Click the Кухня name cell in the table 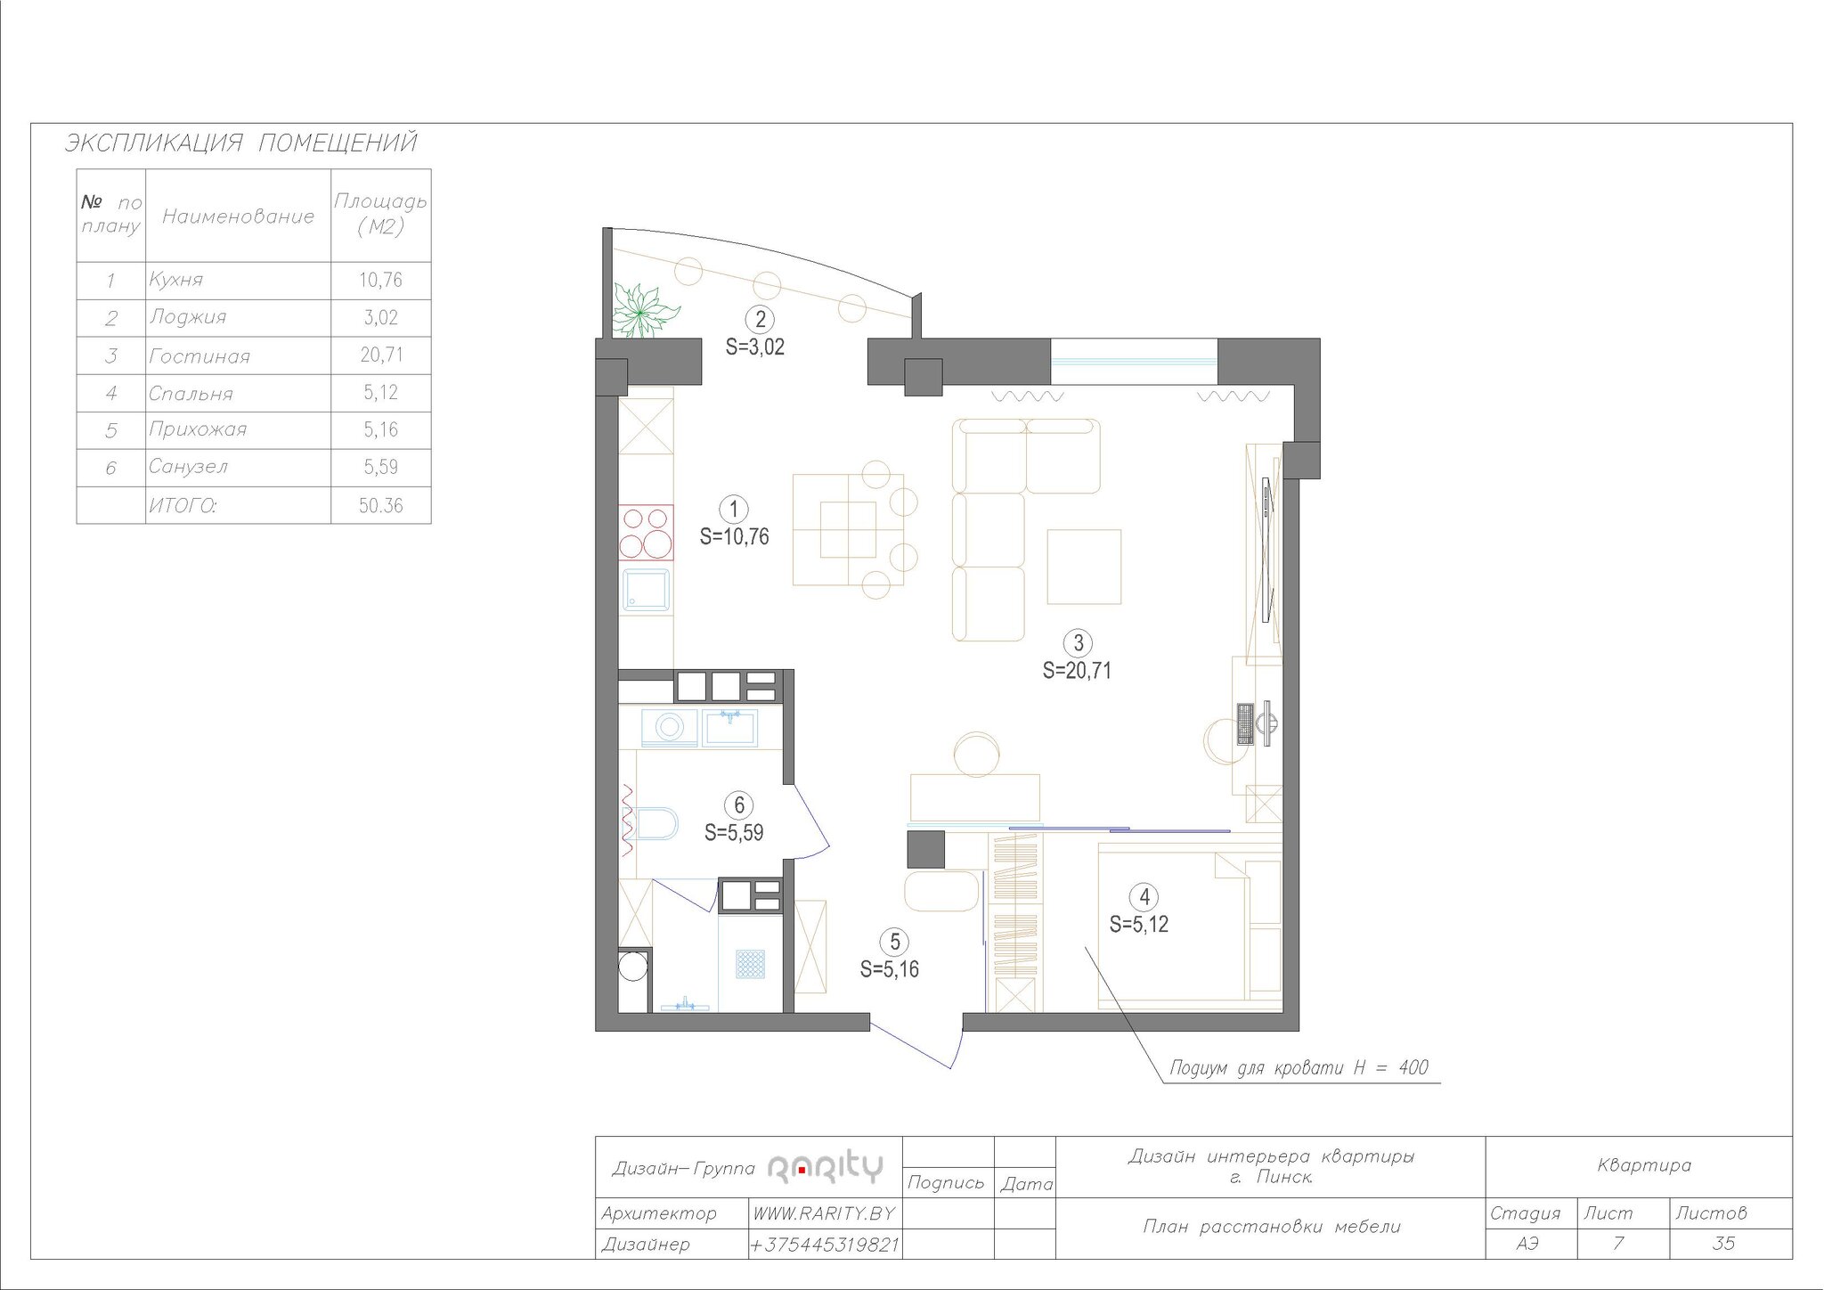[176, 280]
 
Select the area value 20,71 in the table [381, 355]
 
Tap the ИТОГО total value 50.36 [381, 505]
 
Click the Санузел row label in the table [189, 466]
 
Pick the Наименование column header [238, 216]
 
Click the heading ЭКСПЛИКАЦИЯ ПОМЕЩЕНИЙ [240, 143]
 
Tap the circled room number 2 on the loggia [760, 320]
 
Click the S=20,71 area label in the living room [1077, 671]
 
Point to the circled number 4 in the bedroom [1144, 896]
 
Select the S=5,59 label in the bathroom [734, 833]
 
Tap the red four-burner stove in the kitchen [646, 532]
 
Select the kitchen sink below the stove [646, 591]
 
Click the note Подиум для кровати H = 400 [1299, 1067]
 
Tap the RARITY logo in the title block [825, 1167]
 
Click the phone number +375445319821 [825, 1245]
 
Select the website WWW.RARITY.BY [824, 1213]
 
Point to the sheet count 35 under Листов [1723, 1244]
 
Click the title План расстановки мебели [1272, 1227]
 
